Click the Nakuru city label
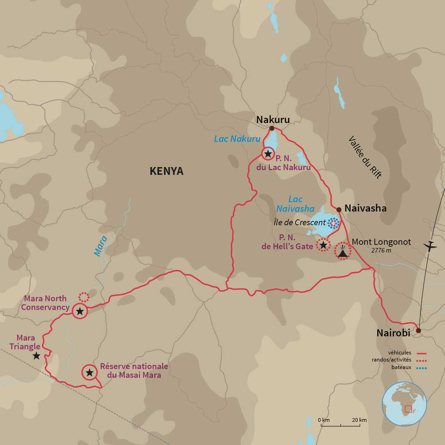click(x=273, y=119)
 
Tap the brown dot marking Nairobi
click(x=418, y=331)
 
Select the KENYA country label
click(x=166, y=171)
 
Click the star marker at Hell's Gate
click(x=323, y=245)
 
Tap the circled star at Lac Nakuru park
click(x=268, y=154)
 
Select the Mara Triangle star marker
click(x=36, y=356)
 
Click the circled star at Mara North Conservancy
click(x=80, y=311)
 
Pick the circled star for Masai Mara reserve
click(x=89, y=372)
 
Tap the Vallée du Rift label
click(x=365, y=157)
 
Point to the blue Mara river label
click(x=100, y=246)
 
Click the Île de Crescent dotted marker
click(x=333, y=223)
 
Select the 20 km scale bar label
click(x=359, y=420)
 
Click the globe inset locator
click(x=404, y=404)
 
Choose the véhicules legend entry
click(x=400, y=353)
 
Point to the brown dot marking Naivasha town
click(x=339, y=210)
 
